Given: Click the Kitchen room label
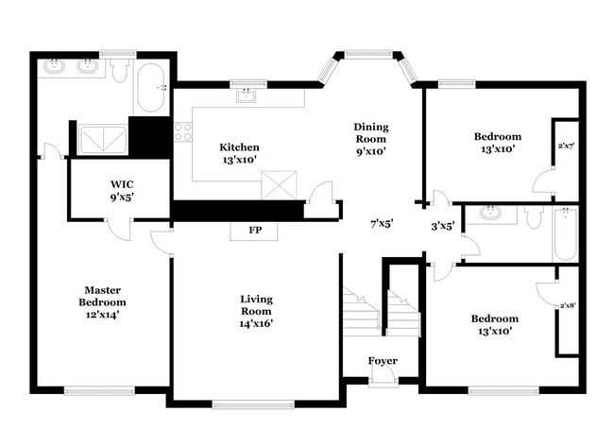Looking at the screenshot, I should (239, 153).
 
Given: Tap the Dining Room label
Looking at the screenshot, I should (371, 138).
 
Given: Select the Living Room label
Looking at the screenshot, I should (256, 311).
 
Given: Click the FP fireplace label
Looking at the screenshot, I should (255, 230).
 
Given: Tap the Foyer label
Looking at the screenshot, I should (383, 361).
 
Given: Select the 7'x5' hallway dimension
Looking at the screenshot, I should (381, 224).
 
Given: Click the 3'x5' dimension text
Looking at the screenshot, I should (443, 226).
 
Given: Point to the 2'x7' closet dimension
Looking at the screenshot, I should (566, 146).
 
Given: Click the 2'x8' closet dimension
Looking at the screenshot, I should (567, 305).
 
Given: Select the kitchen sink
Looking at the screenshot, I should (247, 95).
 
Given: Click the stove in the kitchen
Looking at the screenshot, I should (182, 132).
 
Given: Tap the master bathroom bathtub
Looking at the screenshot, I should (151, 90).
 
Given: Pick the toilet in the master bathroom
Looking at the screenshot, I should (120, 70).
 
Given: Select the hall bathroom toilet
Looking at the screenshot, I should (534, 217).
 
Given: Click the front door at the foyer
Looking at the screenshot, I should (383, 379).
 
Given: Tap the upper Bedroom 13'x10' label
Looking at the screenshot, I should (497, 143).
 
